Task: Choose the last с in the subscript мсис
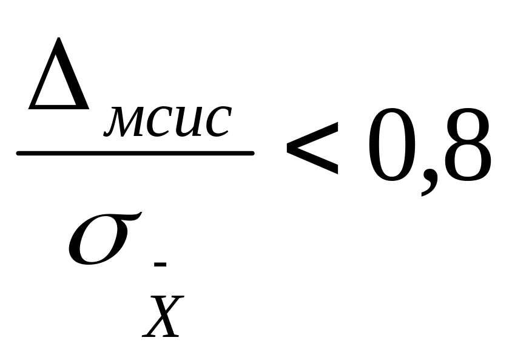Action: point(215,121)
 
